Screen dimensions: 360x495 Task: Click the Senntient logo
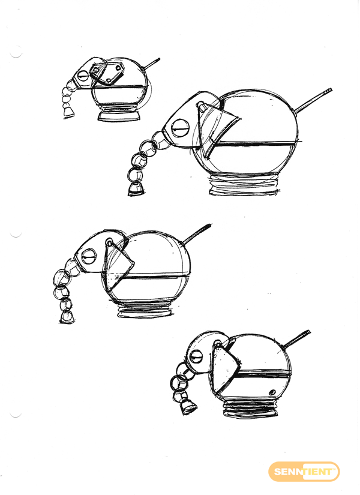304,472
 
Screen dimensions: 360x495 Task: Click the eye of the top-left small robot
83,76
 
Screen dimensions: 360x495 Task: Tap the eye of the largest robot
181,128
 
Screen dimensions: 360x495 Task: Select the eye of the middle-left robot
88,256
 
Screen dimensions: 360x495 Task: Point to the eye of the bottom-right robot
196,358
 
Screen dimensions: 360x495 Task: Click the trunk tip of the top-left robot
68,112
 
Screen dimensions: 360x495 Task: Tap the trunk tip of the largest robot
136,189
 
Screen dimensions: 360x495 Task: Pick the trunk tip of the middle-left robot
67,317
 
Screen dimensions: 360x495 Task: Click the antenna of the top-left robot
152,63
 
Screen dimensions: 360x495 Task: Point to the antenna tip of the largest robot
330,91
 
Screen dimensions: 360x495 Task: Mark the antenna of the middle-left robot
197,234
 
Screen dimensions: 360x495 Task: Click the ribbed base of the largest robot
244,185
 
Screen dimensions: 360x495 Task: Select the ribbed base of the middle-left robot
146,310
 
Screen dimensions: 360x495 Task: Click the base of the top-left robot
119,115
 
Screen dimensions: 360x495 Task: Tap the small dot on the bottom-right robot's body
271,392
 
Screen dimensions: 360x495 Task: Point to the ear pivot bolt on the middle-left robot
109,243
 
